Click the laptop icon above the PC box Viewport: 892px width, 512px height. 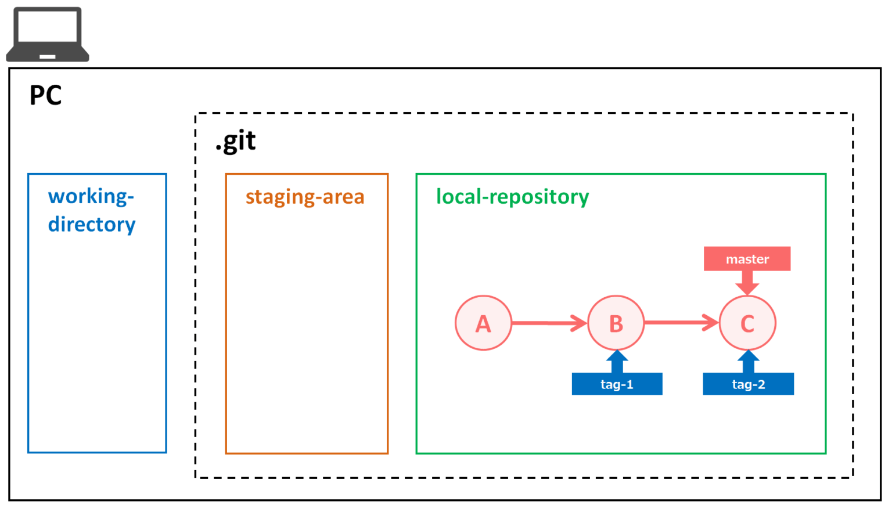pyautogui.click(x=48, y=35)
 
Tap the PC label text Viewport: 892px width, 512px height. pyautogui.click(x=45, y=96)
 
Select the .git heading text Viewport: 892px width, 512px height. pyautogui.click(x=235, y=141)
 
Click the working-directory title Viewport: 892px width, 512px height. pyautogui.click(x=92, y=210)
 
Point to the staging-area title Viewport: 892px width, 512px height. pyautogui.click(x=305, y=197)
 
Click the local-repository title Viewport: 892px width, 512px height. pyautogui.click(x=512, y=197)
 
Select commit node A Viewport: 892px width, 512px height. pyautogui.click(x=483, y=323)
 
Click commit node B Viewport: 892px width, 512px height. pyautogui.click(x=616, y=323)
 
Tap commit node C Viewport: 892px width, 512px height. pyautogui.click(x=747, y=323)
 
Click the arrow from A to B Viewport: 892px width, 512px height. pyautogui.click(x=549, y=323)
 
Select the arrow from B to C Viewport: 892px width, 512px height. pyautogui.click(x=681, y=323)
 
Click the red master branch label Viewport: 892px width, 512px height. pyautogui.click(x=747, y=259)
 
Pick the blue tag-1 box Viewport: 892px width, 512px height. pyautogui.click(x=617, y=384)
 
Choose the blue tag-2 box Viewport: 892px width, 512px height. pyautogui.click(x=748, y=384)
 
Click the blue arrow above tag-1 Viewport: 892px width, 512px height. pyautogui.click(x=617, y=361)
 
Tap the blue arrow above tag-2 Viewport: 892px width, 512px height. pyautogui.click(x=748, y=361)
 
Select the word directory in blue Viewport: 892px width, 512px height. pyautogui.click(x=92, y=225)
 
